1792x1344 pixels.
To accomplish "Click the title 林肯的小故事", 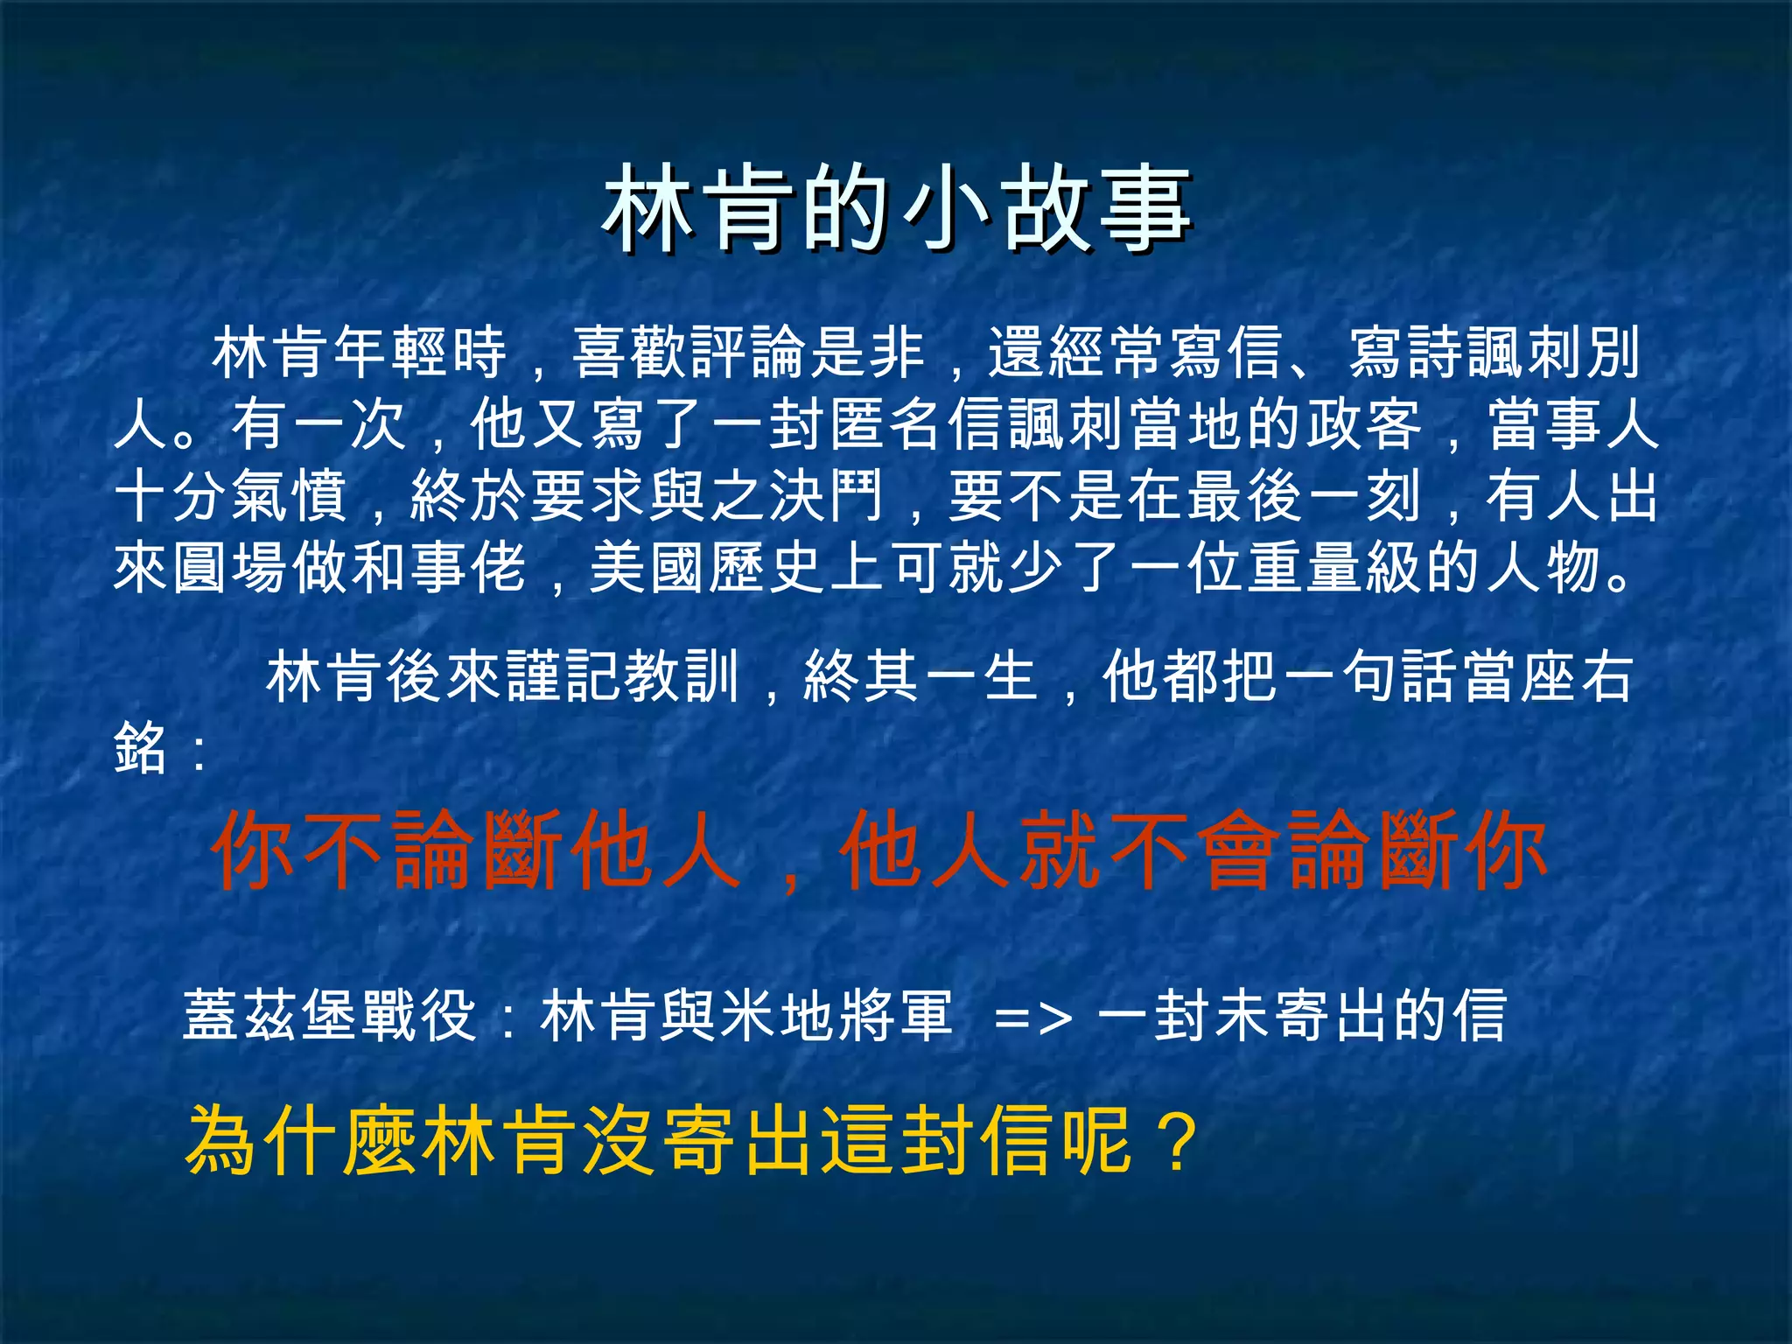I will click(896, 210).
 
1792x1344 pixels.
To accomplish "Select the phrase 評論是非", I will click(807, 353).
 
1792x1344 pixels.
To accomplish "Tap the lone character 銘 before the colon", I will click(140, 749).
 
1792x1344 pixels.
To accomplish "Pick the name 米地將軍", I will click(836, 1016).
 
